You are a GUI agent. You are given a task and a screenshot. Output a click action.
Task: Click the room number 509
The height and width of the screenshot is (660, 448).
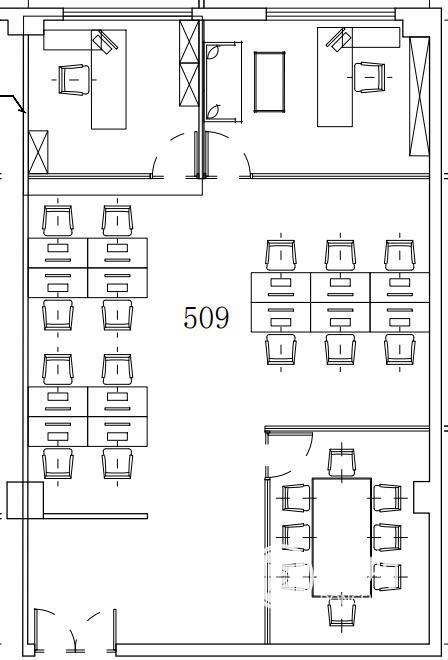pos(206,318)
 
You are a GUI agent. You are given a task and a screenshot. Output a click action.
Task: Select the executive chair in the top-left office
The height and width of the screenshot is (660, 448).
pos(73,80)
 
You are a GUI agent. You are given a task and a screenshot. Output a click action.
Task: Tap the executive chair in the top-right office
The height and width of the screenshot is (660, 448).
pos(370,77)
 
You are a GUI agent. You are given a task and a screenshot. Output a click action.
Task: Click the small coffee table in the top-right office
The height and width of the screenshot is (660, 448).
pos(269,82)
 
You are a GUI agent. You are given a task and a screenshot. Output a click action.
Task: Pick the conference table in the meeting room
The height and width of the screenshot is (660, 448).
pos(341,538)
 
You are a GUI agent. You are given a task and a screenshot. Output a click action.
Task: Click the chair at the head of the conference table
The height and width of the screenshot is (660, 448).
pos(341,463)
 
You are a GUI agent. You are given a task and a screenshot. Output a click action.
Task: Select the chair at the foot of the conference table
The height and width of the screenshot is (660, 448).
pos(341,613)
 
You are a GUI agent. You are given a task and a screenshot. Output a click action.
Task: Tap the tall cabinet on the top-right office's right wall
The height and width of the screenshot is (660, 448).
pos(419,96)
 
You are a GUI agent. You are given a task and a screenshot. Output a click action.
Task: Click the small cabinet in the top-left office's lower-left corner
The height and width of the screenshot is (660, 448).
pos(38,152)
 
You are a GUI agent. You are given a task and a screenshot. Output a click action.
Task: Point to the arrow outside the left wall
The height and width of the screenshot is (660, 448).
pos(14,101)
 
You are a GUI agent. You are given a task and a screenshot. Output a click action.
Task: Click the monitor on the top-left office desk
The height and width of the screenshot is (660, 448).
pos(105,41)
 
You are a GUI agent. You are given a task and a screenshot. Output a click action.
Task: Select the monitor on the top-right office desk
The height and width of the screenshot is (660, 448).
pos(339,40)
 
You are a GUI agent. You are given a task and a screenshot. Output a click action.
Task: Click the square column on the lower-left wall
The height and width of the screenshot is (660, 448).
pos(25,500)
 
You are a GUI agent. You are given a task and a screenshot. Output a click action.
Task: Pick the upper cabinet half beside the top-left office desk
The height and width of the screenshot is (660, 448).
pos(189,42)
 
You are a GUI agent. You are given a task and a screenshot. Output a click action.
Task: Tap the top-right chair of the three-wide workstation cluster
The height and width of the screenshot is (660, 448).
pos(400,255)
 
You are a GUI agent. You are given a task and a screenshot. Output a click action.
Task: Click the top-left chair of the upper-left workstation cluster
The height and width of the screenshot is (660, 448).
pos(58,221)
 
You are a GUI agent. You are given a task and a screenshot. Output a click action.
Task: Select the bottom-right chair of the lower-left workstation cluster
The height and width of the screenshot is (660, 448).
pos(117,463)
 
